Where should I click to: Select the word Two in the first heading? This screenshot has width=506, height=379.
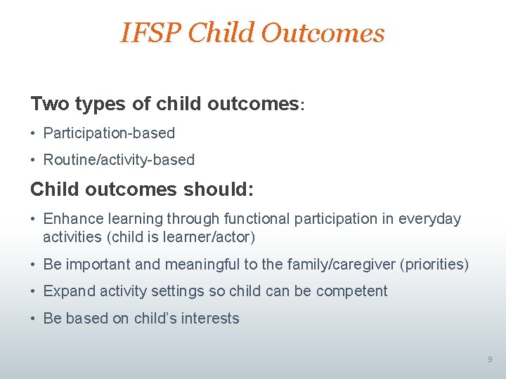(49, 104)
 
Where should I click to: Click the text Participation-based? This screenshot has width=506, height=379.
(109, 133)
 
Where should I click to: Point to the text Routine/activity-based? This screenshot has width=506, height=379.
(119, 160)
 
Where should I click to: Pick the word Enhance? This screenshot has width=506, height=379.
(72, 219)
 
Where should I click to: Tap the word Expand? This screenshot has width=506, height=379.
(67, 291)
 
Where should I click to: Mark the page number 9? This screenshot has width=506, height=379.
(490, 360)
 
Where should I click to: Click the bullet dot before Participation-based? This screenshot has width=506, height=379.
(34, 133)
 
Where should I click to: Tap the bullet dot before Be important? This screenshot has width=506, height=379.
(34, 265)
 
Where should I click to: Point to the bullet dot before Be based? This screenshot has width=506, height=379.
(34, 319)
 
